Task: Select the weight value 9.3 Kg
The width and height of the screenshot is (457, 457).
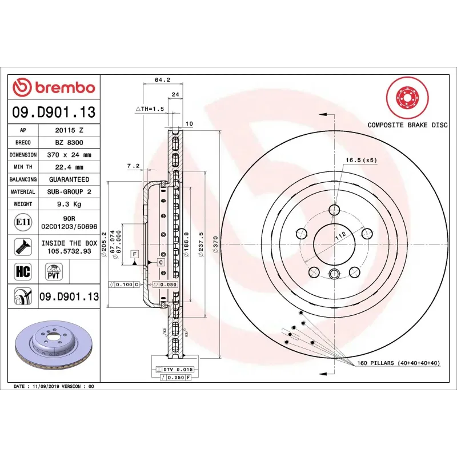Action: tap(69, 204)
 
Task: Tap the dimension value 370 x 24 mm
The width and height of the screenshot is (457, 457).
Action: tap(69, 155)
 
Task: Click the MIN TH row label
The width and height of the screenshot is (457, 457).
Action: tap(23, 167)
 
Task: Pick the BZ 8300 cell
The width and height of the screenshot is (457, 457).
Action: tap(69, 142)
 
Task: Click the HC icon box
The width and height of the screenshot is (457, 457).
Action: tap(23, 270)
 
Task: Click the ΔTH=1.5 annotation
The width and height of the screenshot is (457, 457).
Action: tap(150, 109)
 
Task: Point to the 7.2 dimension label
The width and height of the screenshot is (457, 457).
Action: tap(133, 166)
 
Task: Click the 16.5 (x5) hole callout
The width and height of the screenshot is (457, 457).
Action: tap(362, 161)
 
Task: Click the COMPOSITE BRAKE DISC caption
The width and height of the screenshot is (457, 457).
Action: tap(407, 124)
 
